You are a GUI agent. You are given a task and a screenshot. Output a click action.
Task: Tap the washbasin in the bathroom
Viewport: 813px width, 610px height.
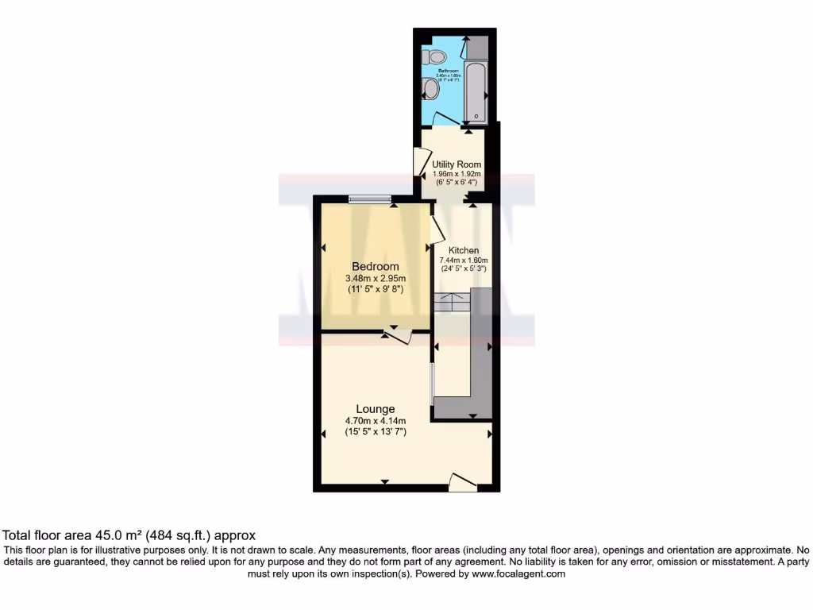431,90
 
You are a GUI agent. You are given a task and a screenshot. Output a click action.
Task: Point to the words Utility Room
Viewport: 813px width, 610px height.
457,164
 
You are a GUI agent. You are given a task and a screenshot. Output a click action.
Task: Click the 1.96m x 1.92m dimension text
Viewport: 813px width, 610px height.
457,174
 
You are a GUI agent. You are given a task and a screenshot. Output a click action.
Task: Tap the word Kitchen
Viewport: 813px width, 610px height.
464,250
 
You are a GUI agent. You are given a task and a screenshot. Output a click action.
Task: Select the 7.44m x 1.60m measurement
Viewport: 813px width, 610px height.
464,260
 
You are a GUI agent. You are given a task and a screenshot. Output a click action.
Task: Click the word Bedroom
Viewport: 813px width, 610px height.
376,266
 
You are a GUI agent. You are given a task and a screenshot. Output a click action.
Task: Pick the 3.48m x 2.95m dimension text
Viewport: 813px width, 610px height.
376,279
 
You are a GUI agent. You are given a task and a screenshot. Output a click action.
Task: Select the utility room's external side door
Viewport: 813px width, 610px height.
418,163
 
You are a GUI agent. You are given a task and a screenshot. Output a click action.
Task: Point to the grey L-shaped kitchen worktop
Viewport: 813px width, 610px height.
480,349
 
